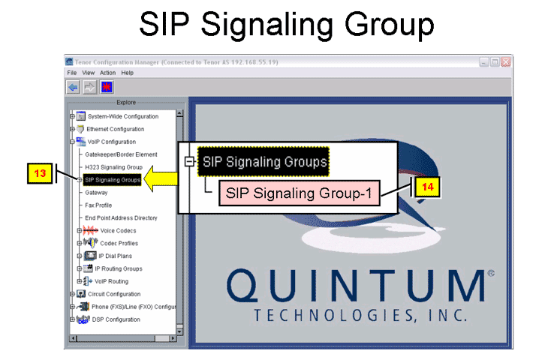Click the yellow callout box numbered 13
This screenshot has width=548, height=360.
(40, 173)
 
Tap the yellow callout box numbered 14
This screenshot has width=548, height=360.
(427, 187)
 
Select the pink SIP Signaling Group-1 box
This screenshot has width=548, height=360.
(300, 193)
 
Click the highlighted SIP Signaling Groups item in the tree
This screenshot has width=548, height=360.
(112, 180)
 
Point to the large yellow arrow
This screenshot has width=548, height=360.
(161, 178)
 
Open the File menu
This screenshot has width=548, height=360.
(72, 73)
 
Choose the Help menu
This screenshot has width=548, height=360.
(127, 73)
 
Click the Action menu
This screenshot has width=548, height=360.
(107, 73)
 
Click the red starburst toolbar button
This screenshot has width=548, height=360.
(107, 87)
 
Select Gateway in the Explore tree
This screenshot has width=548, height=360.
(96, 193)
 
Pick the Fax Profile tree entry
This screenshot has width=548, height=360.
(98, 205)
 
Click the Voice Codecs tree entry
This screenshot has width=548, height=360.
(118, 230)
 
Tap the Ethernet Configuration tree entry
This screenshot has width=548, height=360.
(116, 129)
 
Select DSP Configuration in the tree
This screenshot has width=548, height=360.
(116, 319)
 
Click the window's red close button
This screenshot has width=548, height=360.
(506, 61)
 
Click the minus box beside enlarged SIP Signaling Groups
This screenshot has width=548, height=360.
(189, 161)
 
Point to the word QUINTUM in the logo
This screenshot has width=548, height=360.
(355, 286)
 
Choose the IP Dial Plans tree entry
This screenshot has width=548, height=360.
(115, 256)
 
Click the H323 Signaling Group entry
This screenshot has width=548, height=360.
(113, 167)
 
